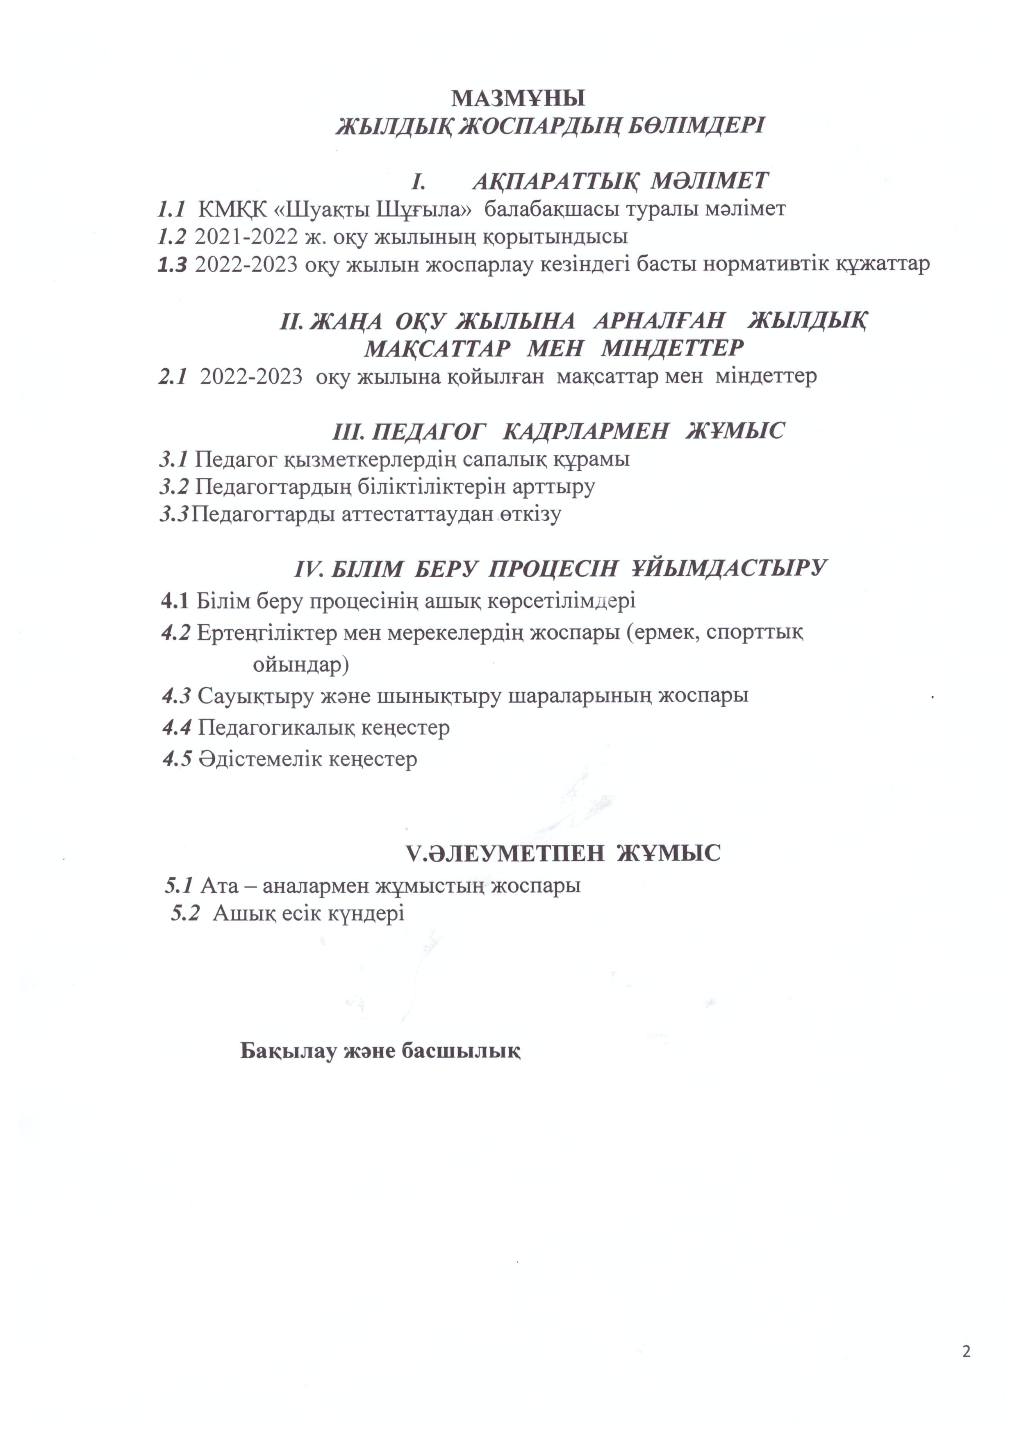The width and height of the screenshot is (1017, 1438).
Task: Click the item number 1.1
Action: [171, 209]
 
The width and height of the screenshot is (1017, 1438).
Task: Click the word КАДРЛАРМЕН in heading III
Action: [585, 431]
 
